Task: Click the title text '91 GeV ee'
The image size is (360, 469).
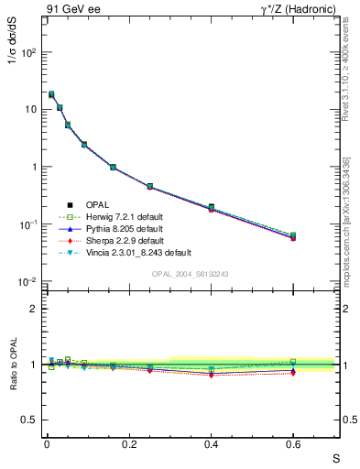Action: (x=71, y=10)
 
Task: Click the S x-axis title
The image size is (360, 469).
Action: (x=335, y=457)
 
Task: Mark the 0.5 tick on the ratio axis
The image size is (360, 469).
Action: (x=31, y=420)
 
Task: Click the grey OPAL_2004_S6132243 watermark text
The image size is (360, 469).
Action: (x=190, y=274)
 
